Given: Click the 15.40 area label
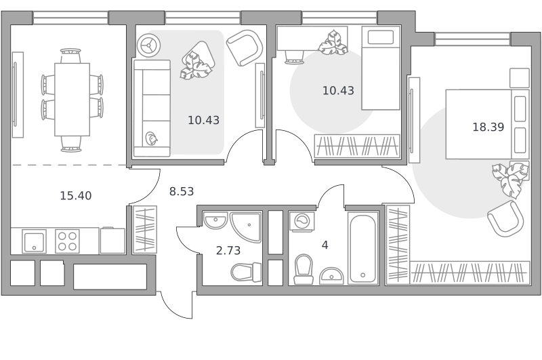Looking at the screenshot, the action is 76,196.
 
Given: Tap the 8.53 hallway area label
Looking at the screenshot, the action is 182,191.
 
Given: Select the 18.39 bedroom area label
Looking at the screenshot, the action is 488,127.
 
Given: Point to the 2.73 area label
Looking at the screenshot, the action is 228,250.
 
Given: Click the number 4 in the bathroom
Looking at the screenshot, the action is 325,245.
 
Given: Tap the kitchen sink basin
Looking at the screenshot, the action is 34,241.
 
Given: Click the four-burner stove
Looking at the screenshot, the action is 67,241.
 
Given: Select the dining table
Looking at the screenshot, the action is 72,99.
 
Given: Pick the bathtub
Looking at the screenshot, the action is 362,247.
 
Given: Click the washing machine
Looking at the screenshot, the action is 301,221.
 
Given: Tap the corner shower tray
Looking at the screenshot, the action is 245,227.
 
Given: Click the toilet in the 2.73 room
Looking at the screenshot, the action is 246,272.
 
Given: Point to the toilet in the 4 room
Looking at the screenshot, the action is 304,270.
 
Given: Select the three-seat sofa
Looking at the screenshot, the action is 152,108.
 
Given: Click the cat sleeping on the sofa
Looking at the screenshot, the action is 151,138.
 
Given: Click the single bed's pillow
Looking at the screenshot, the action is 381,37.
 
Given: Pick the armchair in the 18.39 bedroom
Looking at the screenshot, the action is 505,218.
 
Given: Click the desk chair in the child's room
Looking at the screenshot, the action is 295,58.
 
